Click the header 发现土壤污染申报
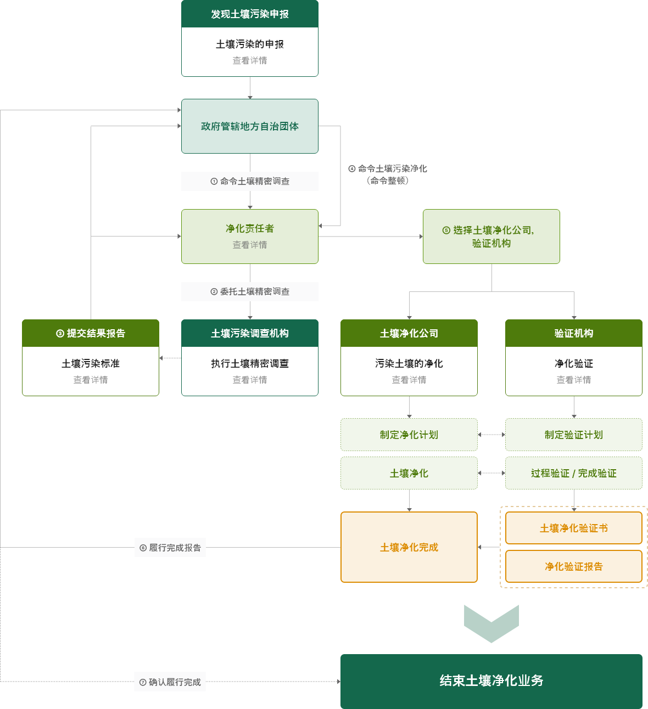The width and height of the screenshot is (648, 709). [x=250, y=14]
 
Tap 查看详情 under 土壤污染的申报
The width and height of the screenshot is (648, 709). [x=250, y=60]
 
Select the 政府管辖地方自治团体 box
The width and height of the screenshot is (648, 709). [x=250, y=126]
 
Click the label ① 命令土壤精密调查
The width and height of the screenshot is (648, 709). [x=250, y=181]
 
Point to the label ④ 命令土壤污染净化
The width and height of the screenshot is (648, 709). [x=388, y=168]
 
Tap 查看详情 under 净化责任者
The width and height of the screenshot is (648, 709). [x=250, y=245]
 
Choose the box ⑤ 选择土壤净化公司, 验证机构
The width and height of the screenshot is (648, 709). [x=491, y=237]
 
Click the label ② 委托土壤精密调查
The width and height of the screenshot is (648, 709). [x=250, y=291]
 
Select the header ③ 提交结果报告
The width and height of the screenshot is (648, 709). [x=91, y=333]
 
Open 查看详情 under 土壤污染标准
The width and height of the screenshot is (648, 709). [x=91, y=380]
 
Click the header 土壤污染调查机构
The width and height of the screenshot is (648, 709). [x=250, y=333]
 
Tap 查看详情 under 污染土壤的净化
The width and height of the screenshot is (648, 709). [x=409, y=380]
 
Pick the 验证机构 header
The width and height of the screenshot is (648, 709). [x=574, y=333]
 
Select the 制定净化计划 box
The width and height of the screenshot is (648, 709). [x=409, y=435]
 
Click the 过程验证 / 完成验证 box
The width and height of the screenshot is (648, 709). [x=574, y=473]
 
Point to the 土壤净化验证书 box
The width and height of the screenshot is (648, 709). [x=574, y=528]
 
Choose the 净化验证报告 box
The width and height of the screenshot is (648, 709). [x=574, y=566]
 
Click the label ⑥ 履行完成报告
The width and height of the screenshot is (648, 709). [x=170, y=548]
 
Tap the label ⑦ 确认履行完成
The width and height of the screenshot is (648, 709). [x=170, y=682]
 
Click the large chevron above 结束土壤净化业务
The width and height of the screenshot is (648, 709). [x=491, y=624]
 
